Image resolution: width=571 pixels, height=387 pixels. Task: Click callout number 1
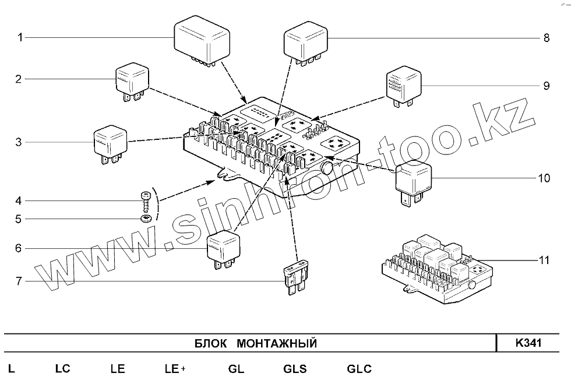tap(20, 38)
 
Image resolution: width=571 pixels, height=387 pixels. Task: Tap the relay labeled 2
tap(133, 82)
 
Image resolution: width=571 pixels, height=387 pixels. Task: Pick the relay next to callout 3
tap(110, 142)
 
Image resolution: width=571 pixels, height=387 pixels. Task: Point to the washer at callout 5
tap(146, 219)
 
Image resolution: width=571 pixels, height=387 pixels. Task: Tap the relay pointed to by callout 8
tap(305, 43)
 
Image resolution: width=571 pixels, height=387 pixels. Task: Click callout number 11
tap(544, 261)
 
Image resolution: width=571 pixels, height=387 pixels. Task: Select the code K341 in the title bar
tap(528, 343)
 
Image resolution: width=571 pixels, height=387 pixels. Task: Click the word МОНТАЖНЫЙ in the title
tap(277, 343)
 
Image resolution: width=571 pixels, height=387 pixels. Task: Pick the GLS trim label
tap(295, 369)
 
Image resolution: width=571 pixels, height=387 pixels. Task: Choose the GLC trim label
tap(359, 369)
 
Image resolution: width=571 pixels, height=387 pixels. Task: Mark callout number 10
tap(544, 178)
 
